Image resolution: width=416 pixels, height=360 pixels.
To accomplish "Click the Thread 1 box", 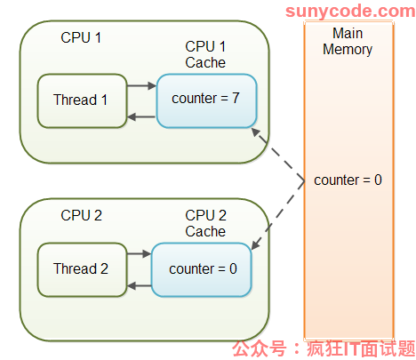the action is click(82, 100).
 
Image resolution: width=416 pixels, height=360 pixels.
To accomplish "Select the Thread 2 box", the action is click(82, 269).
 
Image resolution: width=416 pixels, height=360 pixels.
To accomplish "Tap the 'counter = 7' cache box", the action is click(206, 100).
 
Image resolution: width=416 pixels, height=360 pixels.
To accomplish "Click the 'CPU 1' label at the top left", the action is click(81, 37).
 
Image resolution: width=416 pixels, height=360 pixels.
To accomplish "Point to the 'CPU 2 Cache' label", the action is click(205, 223).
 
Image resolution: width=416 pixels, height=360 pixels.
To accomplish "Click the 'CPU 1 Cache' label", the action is click(205, 54).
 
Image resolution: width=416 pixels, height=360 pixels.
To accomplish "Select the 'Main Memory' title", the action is click(348, 41).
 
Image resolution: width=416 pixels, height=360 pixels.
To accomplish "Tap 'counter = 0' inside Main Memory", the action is click(348, 180).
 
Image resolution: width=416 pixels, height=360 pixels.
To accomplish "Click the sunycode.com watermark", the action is click(350, 11).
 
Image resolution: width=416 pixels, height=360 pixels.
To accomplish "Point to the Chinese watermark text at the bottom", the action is click(324, 348).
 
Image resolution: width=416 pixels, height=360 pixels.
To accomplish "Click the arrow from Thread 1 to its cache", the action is click(141, 86).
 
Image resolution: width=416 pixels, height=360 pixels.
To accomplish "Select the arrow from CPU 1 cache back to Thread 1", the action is click(141, 116).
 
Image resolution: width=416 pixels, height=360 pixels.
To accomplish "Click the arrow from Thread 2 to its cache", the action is click(140, 253).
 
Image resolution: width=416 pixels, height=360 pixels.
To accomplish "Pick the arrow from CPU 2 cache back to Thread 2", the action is click(140, 286).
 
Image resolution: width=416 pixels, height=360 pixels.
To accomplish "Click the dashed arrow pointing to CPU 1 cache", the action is click(278, 154).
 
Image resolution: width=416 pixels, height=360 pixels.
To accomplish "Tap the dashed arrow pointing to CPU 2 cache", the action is click(278, 215).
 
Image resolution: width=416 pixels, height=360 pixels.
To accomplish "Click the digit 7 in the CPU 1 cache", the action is click(236, 98).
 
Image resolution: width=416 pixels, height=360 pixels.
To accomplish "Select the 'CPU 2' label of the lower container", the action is click(81, 215).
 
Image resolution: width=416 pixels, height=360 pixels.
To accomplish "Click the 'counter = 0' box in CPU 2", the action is click(202, 269).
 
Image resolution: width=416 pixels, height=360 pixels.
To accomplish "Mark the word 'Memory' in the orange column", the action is click(348, 50).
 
